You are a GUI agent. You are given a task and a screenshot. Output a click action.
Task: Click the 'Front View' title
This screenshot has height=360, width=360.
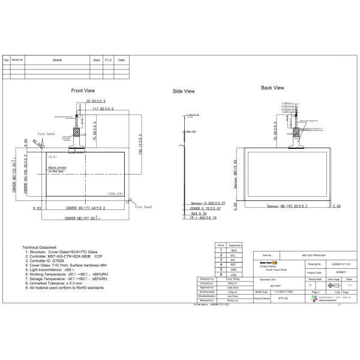tap(83, 91)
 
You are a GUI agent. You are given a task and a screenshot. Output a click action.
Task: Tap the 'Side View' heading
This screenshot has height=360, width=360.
tap(184, 91)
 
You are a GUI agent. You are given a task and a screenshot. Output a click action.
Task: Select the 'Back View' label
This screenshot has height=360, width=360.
tap(272, 88)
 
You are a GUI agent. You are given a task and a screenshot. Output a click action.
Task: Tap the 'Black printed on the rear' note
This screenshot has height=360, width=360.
tap(61, 169)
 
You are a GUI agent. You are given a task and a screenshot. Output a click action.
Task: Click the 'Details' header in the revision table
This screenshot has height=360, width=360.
tap(57, 61)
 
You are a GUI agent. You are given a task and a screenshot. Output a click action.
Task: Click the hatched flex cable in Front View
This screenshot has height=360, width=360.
tap(76, 132)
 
